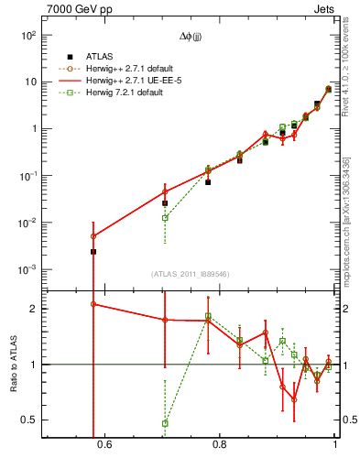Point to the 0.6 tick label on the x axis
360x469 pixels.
coord(104,446)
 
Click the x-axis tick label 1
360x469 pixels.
coord(334,446)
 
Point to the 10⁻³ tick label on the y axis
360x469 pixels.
coord(28,270)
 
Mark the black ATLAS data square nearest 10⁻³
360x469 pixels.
coord(93,251)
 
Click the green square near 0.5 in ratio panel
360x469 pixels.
coord(165,423)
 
